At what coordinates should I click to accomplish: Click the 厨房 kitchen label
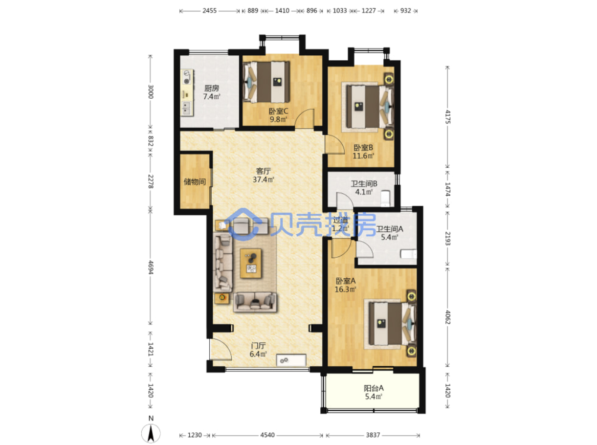(211, 88)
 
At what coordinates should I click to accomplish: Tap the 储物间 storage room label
(195, 181)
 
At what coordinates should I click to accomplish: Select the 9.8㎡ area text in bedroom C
(278, 119)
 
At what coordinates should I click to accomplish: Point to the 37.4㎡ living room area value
(263, 179)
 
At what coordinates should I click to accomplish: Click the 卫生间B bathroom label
(364, 183)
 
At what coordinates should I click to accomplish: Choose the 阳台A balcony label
(374, 388)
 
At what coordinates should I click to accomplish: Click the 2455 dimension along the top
(209, 11)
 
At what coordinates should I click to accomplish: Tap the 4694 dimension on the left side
(151, 267)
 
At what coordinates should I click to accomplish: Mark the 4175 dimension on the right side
(447, 117)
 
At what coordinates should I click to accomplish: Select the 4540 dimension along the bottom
(267, 435)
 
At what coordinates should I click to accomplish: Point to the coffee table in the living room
(251, 263)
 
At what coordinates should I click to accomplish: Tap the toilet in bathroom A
(408, 254)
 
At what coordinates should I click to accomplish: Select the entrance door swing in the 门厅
(221, 350)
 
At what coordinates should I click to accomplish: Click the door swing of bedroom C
(305, 118)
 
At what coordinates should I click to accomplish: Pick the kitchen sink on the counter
(187, 108)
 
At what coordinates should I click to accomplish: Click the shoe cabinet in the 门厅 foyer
(291, 360)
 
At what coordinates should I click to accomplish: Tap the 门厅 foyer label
(258, 346)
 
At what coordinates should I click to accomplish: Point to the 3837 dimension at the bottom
(373, 435)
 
